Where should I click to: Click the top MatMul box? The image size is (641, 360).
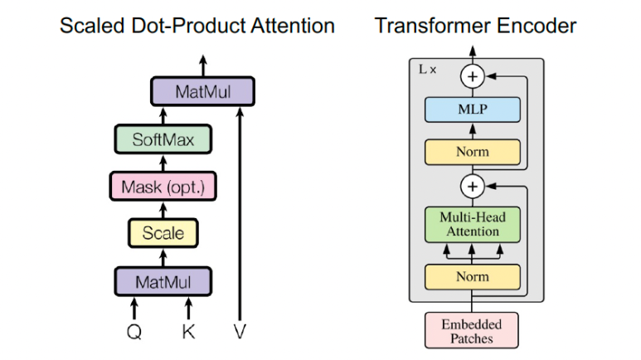coord(203,91)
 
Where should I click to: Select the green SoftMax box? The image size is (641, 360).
coord(163,139)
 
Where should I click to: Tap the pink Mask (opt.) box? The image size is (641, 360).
coord(163,187)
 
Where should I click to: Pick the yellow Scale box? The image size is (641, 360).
coord(163,233)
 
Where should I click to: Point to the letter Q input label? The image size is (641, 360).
coord(134,332)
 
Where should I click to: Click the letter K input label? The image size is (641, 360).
coord(188,332)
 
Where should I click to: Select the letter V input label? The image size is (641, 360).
coord(240,332)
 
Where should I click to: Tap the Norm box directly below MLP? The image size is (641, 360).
coord(473,153)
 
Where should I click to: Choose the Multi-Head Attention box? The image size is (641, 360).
coord(473,224)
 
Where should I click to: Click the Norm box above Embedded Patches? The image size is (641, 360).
coord(473,276)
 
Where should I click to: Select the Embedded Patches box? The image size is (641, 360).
coord(473,329)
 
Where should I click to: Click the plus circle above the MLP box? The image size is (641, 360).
coord(473,77)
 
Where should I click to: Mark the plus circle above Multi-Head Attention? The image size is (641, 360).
coord(473,187)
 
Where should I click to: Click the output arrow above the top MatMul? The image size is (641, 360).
coord(203,65)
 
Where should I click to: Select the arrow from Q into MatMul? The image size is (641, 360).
coord(134,308)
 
